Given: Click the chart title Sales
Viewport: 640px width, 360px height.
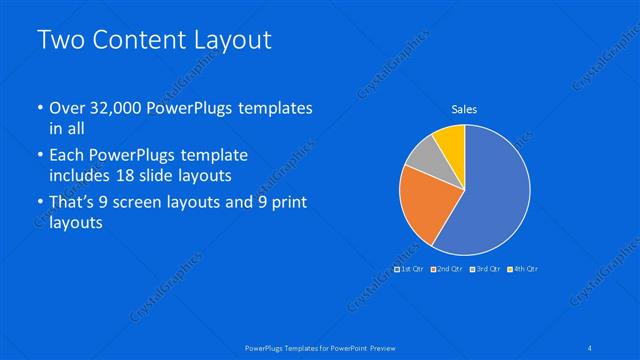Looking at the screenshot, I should [464, 109].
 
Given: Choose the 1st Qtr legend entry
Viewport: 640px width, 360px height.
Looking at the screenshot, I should [409, 268].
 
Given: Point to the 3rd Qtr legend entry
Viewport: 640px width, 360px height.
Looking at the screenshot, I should [485, 268].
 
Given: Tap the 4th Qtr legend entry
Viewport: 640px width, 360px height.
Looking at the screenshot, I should [523, 268].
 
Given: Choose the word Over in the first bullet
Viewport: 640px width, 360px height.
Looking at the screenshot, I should [67, 108].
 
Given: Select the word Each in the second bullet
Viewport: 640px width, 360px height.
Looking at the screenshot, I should [67, 156].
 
